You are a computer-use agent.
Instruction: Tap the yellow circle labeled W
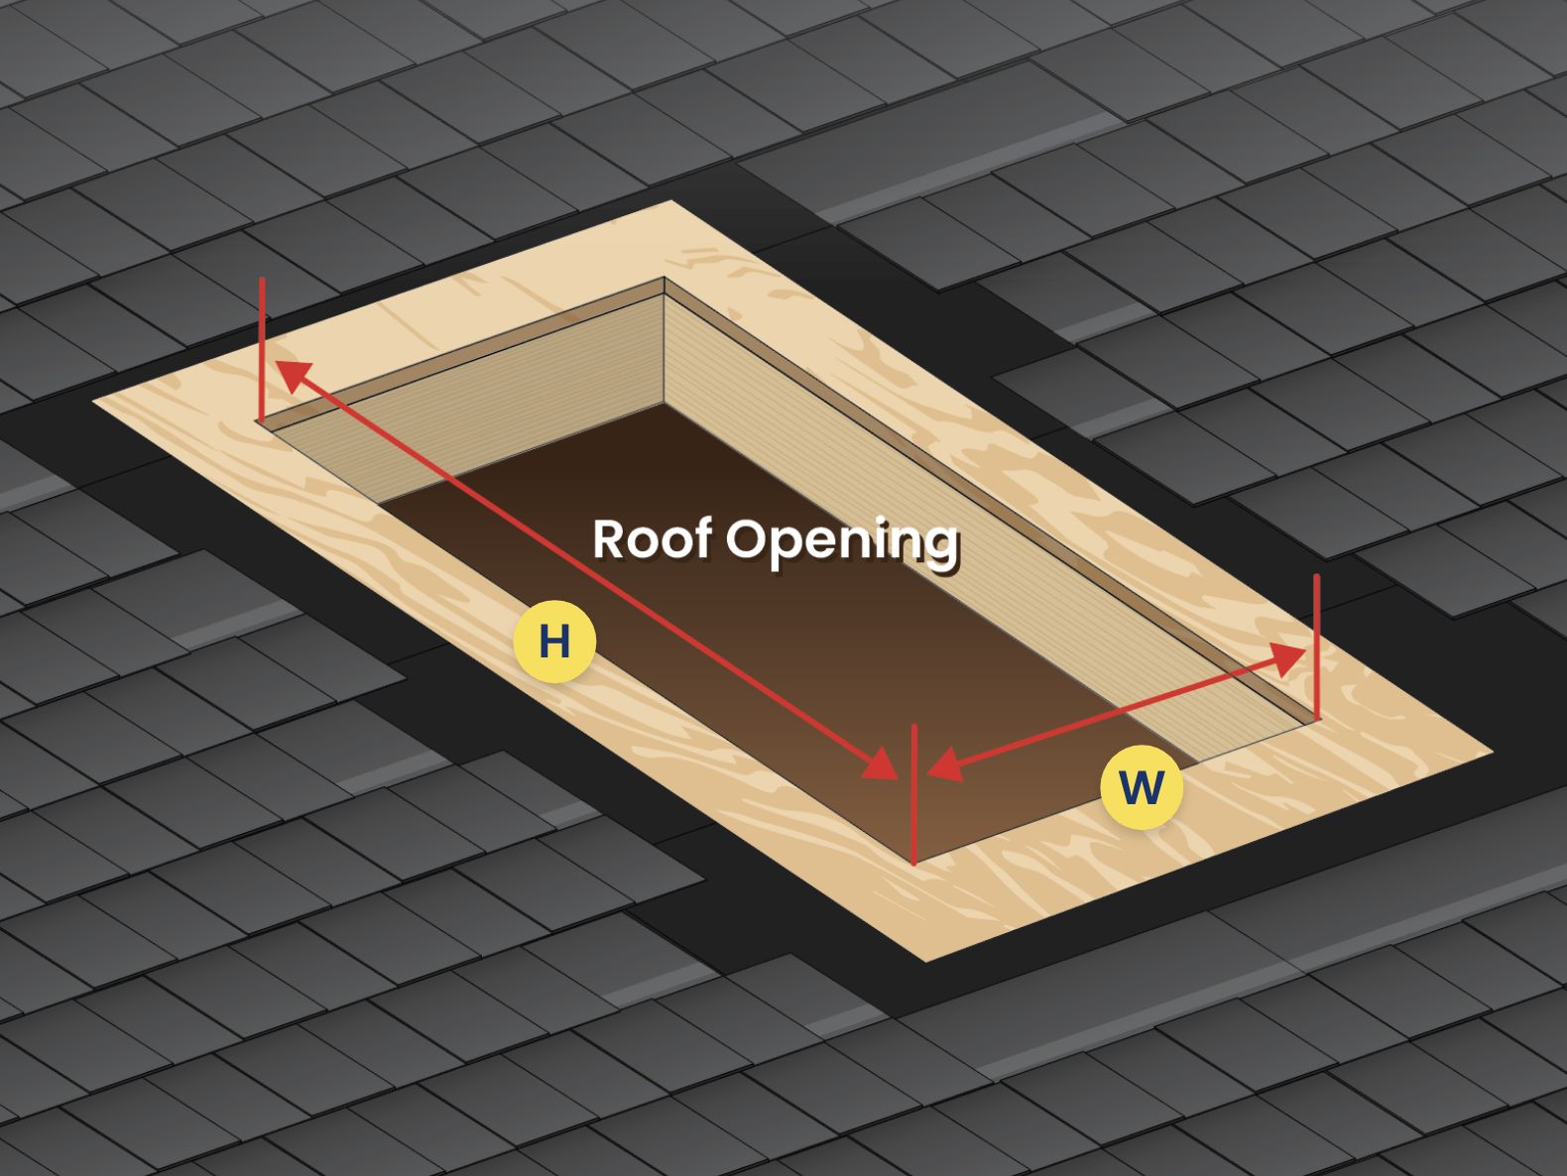point(1141,787)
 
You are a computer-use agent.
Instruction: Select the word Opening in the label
point(842,542)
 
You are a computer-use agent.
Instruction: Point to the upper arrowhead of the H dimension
point(290,373)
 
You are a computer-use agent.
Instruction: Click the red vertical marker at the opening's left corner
point(262,347)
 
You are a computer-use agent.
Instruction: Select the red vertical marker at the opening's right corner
point(1317,645)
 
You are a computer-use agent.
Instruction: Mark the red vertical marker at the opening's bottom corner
point(913,793)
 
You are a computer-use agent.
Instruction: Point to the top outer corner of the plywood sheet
point(672,202)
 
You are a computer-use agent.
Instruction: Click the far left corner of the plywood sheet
point(95,401)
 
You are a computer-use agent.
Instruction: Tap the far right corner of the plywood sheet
point(1491,752)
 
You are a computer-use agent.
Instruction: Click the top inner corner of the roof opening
point(663,279)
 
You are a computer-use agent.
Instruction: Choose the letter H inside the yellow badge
point(554,642)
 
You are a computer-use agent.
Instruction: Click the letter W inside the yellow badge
point(1141,788)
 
